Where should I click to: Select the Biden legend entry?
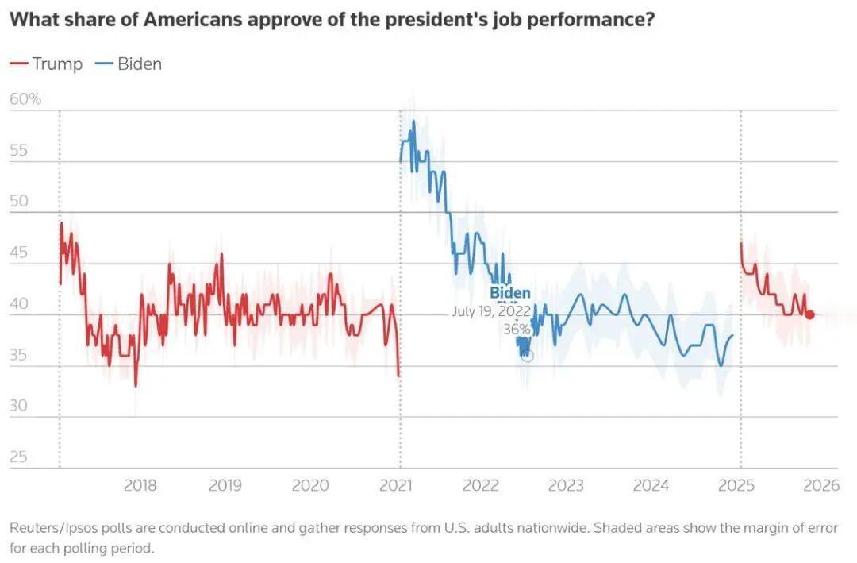coord(129,64)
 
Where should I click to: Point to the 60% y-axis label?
coord(25,99)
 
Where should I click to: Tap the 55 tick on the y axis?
coord(18,150)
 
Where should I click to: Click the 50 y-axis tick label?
coord(18,201)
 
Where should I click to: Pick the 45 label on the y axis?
coord(18,253)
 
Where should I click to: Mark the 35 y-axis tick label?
coord(18,355)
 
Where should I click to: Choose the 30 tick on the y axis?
coord(18,406)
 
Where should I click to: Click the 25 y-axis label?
coord(18,457)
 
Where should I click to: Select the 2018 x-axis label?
coord(140,486)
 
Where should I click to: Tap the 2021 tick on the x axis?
coord(396,486)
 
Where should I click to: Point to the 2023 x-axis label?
coord(566,486)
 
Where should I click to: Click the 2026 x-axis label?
coord(822,486)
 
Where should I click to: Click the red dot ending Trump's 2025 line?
coord(810,314)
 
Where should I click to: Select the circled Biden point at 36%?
coord(526,354)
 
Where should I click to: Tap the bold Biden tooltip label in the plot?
coord(510,293)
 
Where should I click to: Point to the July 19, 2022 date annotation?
coord(491,311)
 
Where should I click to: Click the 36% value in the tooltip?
coord(517,329)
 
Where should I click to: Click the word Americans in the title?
coord(193,20)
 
